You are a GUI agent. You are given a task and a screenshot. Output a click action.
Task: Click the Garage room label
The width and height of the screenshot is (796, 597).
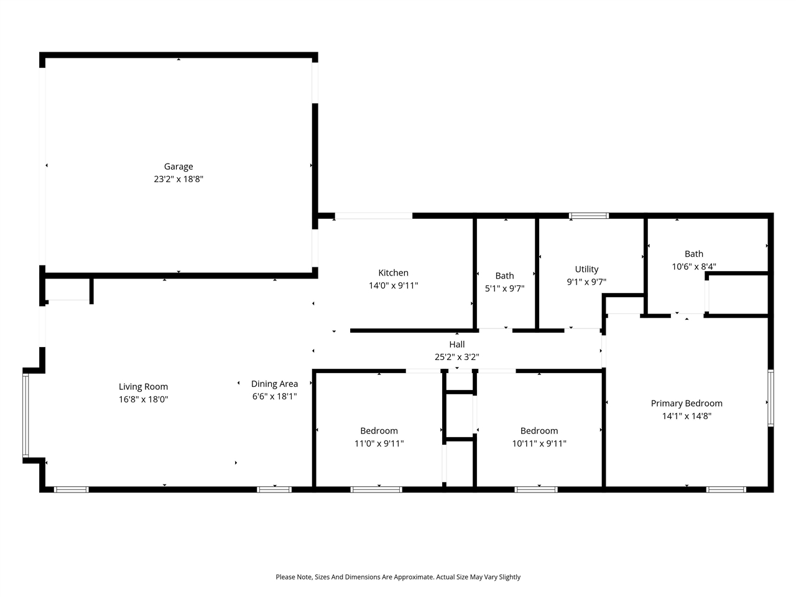point(178,166)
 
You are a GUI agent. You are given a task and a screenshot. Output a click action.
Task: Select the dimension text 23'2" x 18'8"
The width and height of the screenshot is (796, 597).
point(178,179)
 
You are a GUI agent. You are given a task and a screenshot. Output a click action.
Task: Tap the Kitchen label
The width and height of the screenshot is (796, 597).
point(393,272)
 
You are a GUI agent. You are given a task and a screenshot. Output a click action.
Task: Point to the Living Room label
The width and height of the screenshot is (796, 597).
point(143,386)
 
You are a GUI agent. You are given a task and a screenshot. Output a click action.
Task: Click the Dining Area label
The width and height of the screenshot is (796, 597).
point(274,384)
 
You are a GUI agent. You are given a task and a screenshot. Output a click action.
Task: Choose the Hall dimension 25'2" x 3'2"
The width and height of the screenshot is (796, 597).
point(456,357)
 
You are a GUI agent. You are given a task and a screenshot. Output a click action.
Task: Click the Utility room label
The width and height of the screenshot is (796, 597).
point(586,269)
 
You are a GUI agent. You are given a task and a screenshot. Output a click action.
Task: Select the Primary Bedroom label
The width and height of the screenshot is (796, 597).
point(687,403)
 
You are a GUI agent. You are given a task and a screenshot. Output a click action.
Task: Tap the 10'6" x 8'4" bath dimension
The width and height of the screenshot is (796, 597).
point(693,266)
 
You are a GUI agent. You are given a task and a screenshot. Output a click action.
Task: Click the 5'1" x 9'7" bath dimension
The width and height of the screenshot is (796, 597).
point(504,289)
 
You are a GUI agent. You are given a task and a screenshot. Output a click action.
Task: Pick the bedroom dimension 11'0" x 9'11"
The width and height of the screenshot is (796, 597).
point(379,443)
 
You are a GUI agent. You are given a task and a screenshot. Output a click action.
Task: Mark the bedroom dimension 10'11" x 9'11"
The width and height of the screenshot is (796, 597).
point(539,443)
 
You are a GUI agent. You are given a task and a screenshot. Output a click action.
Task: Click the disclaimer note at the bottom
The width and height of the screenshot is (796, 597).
point(398,577)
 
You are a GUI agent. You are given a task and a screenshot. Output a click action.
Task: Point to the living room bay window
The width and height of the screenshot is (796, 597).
point(25,415)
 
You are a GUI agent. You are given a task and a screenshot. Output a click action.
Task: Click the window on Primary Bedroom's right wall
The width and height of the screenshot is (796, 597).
point(771,398)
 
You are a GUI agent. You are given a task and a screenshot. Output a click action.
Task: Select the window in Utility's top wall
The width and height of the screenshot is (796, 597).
point(589,216)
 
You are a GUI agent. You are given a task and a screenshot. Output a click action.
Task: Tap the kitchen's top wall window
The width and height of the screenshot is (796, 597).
point(373,216)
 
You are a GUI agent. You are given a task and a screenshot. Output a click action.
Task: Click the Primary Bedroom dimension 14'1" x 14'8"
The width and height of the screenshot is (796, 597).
point(687,416)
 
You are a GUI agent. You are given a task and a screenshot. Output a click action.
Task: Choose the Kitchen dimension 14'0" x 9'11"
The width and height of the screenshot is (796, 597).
point(393,285)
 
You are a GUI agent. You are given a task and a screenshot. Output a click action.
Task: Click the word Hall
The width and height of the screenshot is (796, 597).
point(456,344)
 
